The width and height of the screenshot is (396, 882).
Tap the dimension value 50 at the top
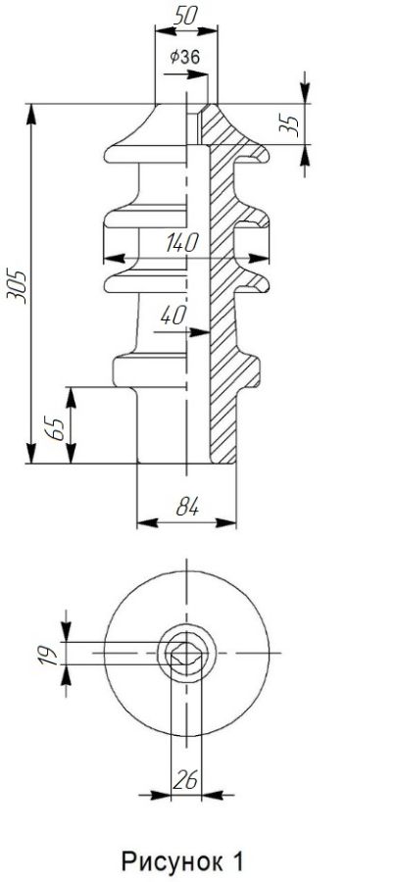click(x=185, y=15)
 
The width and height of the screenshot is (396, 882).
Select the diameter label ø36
click(x=184, y=56)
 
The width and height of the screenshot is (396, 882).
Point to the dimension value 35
click(x=289, y=124)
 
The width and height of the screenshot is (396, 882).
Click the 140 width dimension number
click(x=182, y=243)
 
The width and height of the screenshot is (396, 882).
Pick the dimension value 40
click(x=173, y=317)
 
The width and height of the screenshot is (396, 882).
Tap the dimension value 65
click(x=56, y=429)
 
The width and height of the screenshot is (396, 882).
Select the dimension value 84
click(x=187, y=508)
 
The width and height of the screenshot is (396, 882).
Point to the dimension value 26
click(x=186, y=780)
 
